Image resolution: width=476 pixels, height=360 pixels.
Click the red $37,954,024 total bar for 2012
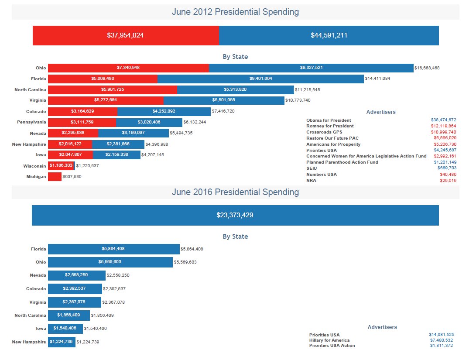(126, 35)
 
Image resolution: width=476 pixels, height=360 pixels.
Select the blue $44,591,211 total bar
(329, 35)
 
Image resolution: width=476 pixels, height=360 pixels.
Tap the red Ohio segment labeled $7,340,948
(128, 68)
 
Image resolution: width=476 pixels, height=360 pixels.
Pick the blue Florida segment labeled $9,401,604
(260, 79)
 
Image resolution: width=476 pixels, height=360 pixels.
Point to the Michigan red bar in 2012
(55, 177)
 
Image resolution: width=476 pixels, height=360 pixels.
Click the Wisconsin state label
(35, 166)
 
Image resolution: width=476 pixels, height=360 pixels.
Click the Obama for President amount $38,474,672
(443, 120)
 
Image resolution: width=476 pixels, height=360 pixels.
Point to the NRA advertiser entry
(311, 180)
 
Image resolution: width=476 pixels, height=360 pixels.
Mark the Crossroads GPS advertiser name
(324, 132)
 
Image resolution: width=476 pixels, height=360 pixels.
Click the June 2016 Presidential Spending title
(235, 192)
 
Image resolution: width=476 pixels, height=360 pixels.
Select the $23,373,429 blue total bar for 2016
(235, 215)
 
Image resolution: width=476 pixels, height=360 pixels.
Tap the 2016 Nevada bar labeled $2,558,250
(77, 275)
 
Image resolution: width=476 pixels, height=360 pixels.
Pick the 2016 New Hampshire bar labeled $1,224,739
(62, 342)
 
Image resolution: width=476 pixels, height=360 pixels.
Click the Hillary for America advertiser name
(329, 340)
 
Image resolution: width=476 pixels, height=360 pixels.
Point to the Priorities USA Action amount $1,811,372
(442, 346)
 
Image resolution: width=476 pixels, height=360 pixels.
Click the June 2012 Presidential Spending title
(235, 12)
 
